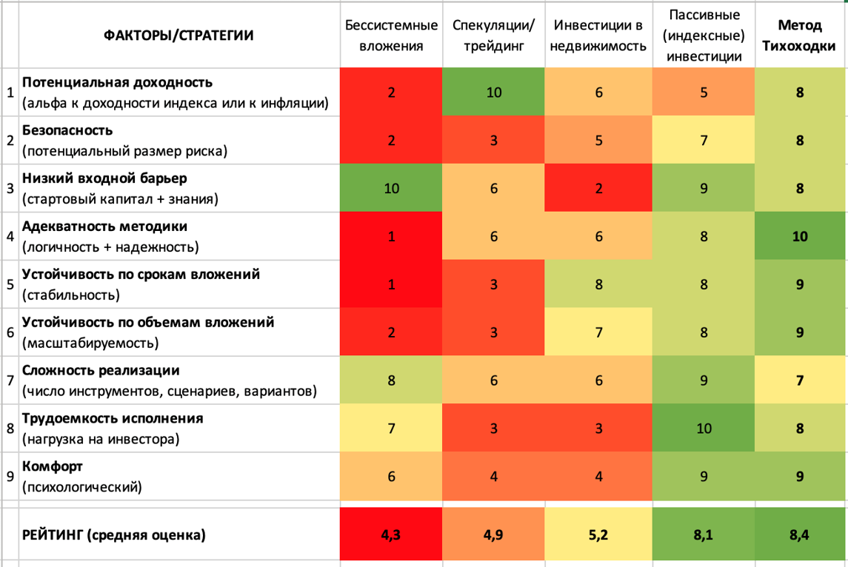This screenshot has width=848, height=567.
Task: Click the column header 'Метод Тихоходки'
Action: point(799,36)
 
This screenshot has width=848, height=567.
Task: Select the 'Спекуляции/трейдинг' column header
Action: point(493,36)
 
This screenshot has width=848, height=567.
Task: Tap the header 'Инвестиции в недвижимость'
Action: point(598,36)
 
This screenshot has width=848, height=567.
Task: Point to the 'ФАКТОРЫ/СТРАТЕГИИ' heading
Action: point(178,36)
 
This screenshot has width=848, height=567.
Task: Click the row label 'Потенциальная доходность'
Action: point(117,83)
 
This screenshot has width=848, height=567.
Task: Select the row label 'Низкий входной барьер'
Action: point(104,178)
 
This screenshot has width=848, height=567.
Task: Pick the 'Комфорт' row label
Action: point(53,466)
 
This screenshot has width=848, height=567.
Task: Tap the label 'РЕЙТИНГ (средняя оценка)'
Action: point(113,535)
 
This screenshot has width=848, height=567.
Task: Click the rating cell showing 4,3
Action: point(391,535)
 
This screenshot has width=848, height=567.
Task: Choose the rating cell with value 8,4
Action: point(799,535)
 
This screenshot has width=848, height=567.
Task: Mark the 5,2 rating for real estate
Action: point(598,535)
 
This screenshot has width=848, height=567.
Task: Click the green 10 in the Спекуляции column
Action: point(494,93)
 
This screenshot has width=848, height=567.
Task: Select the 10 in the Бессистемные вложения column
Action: point(392,189)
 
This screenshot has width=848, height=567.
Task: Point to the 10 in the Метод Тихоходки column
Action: point(800,236)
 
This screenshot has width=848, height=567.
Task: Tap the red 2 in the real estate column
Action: point(598,189)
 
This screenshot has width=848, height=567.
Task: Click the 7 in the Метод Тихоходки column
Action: point(800,380)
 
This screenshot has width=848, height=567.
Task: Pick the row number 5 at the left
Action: point(10,284)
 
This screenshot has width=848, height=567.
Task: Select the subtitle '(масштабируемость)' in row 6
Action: point(90,343)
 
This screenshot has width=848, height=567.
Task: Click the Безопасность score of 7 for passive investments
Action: point(704,141)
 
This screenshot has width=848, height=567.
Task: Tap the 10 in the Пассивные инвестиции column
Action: point(704,429)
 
